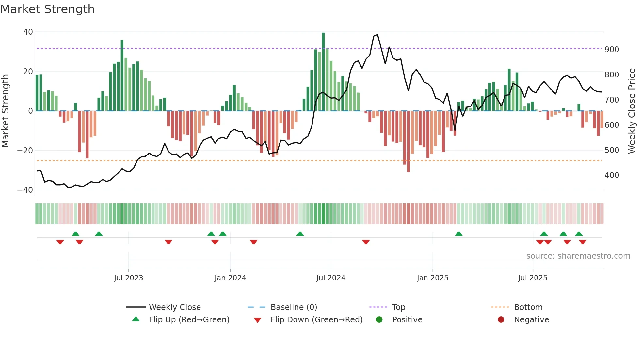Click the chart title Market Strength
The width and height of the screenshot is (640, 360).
coord(47,9)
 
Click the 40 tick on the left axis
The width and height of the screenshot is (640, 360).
coord(28,32)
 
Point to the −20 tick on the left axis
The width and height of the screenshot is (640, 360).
coord(25,151)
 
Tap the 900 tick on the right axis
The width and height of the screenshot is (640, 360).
coord(612,50)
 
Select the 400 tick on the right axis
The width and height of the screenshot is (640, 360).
coord(612,175)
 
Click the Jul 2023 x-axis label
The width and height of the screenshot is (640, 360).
coord(128,278)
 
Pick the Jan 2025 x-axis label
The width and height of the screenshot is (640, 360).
coord(432,278)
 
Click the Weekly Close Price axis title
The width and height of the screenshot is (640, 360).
coord(632,111)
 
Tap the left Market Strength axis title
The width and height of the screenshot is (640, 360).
coord(5,111)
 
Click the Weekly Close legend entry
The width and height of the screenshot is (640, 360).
coord(174,307)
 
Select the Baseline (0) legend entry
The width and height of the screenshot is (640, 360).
coord(294,307)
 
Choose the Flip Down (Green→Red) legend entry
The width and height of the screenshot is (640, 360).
coord(316,320)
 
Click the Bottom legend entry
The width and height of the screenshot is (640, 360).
coord(528,307)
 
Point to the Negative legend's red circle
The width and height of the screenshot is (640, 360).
coord(501,320)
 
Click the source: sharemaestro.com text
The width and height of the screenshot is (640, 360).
coord(578,256)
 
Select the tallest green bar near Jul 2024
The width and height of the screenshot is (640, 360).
coord(323,72)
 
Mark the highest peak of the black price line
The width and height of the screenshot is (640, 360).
coord(377,35)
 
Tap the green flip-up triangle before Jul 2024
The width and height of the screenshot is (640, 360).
coord(300,234)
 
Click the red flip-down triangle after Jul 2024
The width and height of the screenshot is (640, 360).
coord(366,242)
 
